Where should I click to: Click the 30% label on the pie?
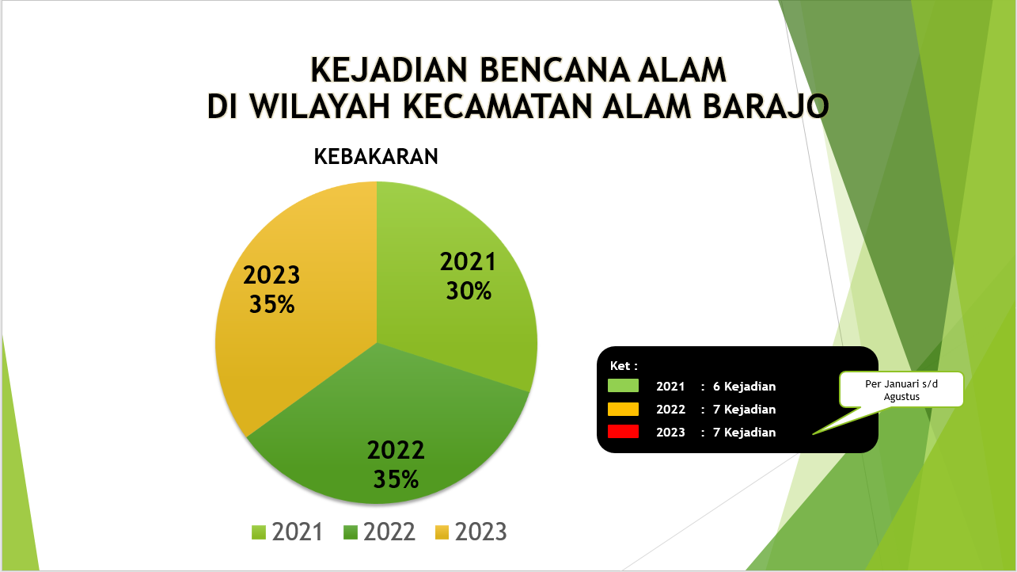(x=469, y=291)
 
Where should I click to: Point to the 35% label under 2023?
(x=272, y=304)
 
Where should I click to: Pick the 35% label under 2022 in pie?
(x=396, y=479)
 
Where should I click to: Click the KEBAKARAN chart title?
(x=376, y=157)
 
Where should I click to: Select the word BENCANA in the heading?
(x=553, y=71)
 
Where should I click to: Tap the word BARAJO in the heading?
(x=766, y=107)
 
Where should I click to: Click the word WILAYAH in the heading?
(x=320, y=107)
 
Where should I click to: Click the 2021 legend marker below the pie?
(x=259, y=532)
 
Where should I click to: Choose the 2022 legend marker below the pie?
(x=351, y=532)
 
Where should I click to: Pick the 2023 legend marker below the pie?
(x=442, y=532)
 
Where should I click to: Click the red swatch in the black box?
(x=623, y=432)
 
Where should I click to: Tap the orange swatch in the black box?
(x=623, y=409)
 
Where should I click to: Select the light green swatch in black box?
(x=623, y=386)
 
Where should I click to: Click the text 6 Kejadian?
(x=744, y=387)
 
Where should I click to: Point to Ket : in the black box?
(x=624, y=366)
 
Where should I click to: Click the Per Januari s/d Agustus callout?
(x=901, y=390)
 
